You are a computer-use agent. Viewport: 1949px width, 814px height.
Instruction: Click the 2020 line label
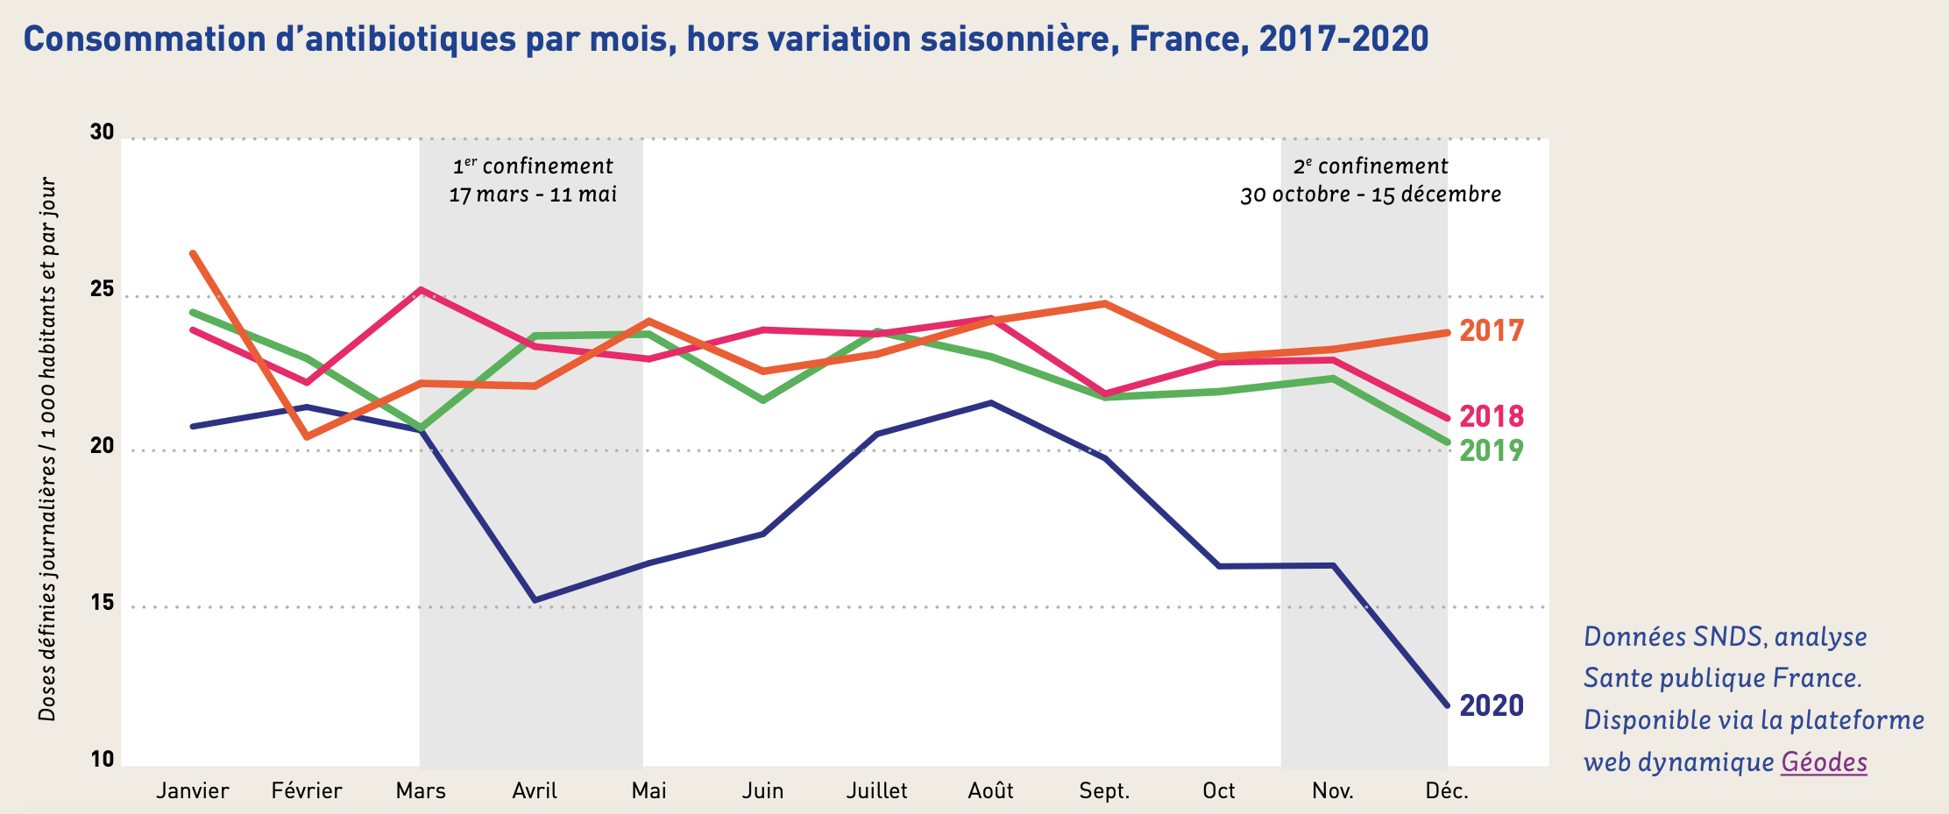pyautogui.click(x=1492, y=705)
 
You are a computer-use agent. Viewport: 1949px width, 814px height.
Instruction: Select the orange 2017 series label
pyautogui.click(x=1492, y=331)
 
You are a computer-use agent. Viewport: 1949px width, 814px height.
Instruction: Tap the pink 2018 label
pyautogui.click(x=1492, y=416)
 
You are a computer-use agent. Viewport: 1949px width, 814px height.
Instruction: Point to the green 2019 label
pyautogui.click(x=1492, y=450)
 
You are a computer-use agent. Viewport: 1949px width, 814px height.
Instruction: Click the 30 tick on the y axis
pyautogui.click(x=102, y=132)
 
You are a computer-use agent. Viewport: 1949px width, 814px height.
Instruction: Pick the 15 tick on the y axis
pyautogui.click(x=102, y=603)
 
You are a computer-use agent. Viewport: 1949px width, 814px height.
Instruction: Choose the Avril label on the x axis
pyautogui.click(x=535, y=791)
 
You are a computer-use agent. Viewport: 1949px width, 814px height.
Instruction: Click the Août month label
pyautogui.click(x=990, y=791)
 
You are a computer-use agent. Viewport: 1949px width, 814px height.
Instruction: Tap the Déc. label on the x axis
pyautogui.click(x=1447, y=791)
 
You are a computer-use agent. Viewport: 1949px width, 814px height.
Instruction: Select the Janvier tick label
pyautogui.click(x=193, y=791)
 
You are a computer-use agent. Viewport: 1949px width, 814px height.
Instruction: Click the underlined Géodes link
pyautogui.click(x=1824, y=762)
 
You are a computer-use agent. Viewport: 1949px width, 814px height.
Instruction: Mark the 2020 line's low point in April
pyautogui.click(x=535, y=600)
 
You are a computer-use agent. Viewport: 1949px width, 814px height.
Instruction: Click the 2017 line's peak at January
pyautogui.click(x=193, y=253)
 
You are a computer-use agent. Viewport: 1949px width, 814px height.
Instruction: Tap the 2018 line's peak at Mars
pyautogui.click(x=422, y=289)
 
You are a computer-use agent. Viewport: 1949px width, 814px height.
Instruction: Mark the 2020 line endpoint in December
pyautogui.click(x=1446, y=704)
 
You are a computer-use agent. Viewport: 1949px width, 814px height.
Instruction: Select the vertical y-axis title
pyautogui.click(x=47, y=449)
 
